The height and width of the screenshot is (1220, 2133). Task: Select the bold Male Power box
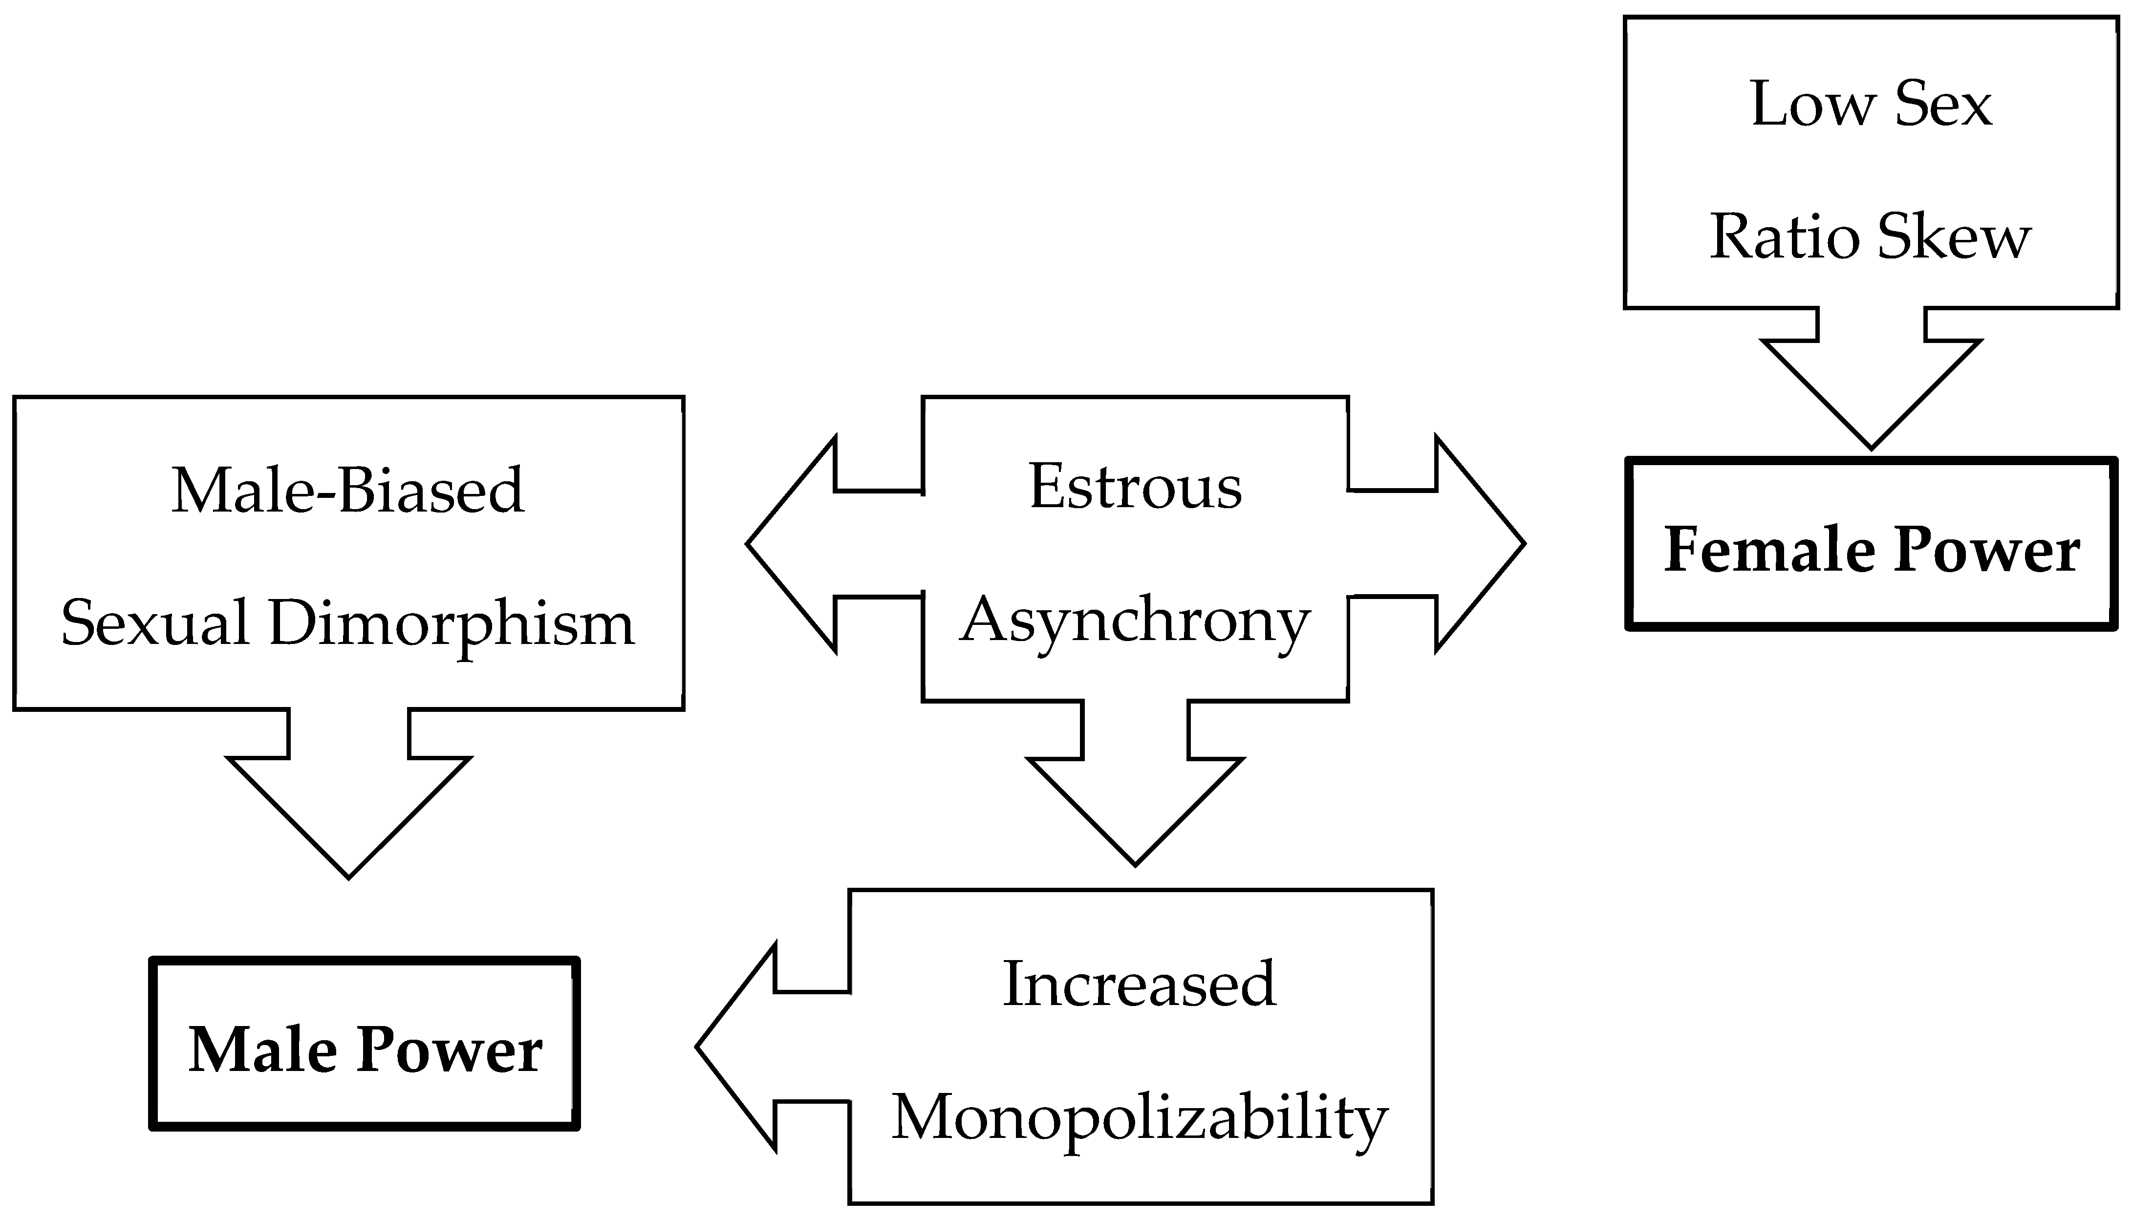[365, 1044]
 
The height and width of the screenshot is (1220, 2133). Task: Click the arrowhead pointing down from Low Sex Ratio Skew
[1871, 394]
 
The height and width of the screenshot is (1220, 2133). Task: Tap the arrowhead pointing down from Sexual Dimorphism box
[348, 813]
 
